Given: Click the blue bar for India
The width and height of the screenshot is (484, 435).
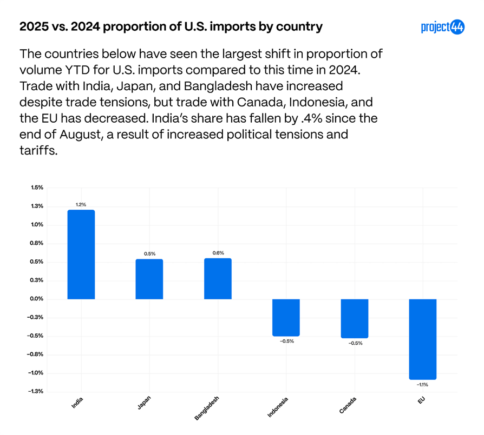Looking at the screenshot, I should [81, 254].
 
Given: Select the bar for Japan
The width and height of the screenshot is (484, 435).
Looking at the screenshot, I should [149, 279].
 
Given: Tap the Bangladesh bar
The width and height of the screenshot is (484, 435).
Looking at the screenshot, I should [218, 278].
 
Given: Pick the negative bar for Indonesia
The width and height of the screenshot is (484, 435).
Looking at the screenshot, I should [286, 317].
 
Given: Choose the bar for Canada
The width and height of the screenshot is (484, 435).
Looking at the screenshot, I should [354, 318].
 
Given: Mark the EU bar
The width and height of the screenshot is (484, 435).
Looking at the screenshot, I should [422, 339].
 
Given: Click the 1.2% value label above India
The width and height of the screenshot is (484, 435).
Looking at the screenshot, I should [81, 204].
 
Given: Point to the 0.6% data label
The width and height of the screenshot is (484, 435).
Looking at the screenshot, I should [218, 253].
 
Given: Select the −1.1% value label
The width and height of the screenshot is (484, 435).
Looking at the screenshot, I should [422, 385].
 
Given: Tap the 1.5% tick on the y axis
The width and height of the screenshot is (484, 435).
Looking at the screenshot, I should [37, 188].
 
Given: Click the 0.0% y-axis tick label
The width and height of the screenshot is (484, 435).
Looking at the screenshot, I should [37, 299].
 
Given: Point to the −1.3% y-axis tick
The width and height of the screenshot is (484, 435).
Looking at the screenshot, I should [36, 391].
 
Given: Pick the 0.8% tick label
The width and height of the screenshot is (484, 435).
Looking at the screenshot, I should [37, 243].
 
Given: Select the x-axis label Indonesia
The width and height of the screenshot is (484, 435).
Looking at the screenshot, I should [278, 407].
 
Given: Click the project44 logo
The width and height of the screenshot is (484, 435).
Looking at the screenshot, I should [442, 27].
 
